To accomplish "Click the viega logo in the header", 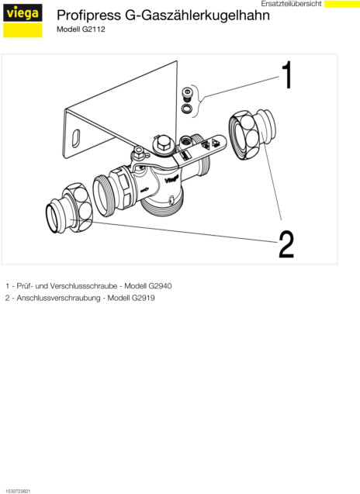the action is (22, 21).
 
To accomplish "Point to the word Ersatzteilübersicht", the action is (291, 4).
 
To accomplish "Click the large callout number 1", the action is (287, 75).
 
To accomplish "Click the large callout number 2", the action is (286, 244).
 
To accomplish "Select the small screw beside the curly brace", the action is (187, 94).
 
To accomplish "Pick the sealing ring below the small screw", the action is (186, 108).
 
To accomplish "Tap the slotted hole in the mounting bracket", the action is (76, 138).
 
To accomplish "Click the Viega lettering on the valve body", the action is (171, 179).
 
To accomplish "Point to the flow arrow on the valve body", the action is (144, 190).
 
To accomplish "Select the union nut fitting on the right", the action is (252, 134).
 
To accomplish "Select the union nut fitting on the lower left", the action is (69, 209).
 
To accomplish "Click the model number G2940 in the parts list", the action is (160, 286).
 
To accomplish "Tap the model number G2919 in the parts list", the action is (143, 298).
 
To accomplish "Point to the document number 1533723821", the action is (18, 491).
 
